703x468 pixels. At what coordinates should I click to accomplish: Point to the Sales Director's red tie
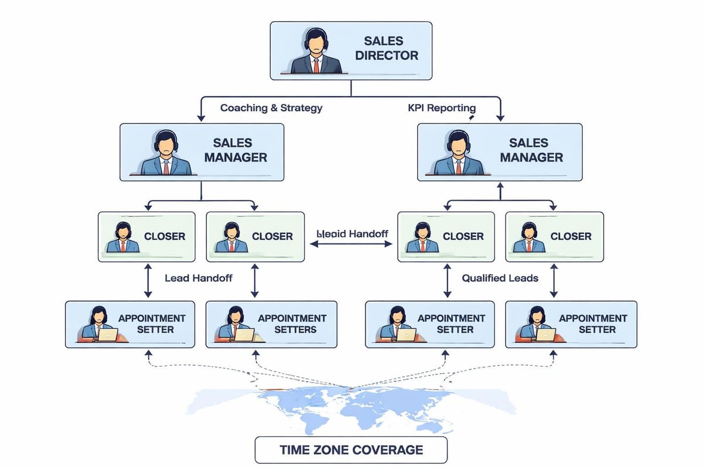(316, 65)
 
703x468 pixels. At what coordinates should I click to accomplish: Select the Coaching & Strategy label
(271, 108)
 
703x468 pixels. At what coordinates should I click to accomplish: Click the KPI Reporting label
(441, 108)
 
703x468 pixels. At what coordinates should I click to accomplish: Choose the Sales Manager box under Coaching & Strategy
(202, 152)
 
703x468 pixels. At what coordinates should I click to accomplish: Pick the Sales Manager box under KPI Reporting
(499, 152)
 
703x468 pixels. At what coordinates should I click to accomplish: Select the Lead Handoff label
(199, 278)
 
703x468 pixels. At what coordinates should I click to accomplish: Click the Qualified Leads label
(500, 278)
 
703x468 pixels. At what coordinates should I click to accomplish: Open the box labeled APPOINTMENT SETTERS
(271, 324)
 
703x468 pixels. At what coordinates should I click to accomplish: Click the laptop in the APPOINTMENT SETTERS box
(244, 335)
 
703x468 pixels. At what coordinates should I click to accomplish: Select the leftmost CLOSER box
(147, 236)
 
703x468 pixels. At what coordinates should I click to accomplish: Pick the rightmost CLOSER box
(554, 236)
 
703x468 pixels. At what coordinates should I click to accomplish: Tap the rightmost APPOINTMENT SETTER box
(571, 324)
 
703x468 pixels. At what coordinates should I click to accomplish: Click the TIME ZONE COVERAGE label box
(350, 450)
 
